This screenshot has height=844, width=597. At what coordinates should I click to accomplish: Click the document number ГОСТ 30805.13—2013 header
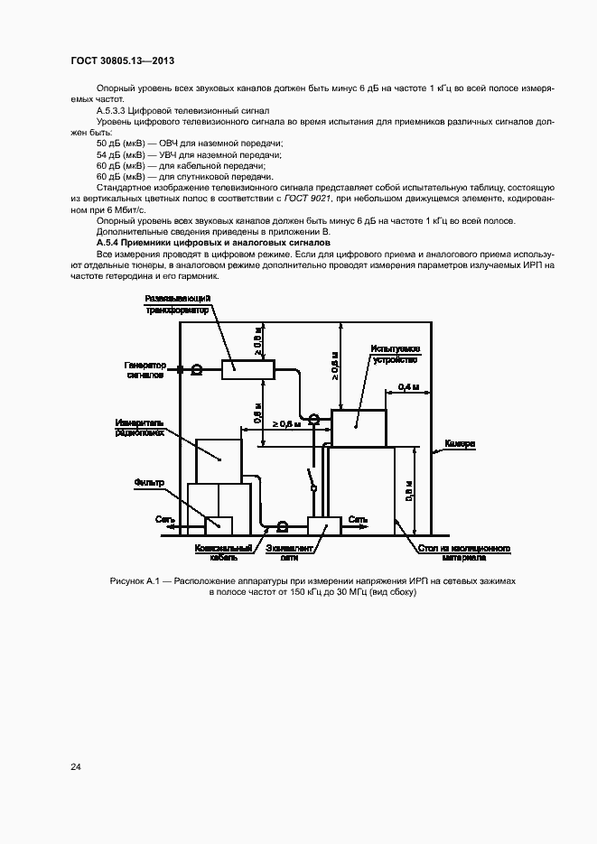click(122, 60)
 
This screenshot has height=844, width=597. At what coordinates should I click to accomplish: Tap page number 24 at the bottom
click(76, 767)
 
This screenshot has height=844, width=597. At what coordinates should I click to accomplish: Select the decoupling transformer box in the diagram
click(248, 366)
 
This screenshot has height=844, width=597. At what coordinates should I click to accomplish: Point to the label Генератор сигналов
click(143, 368)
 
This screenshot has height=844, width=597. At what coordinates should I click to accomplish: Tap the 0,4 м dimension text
click(408, 386)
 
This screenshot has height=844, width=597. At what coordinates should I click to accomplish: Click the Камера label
click(460, 445)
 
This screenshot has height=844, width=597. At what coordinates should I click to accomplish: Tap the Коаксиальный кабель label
click(219, 552)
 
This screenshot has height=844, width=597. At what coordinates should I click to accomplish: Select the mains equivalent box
click(323, 524)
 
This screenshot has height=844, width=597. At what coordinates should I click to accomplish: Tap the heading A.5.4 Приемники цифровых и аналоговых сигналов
click(214, 244)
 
